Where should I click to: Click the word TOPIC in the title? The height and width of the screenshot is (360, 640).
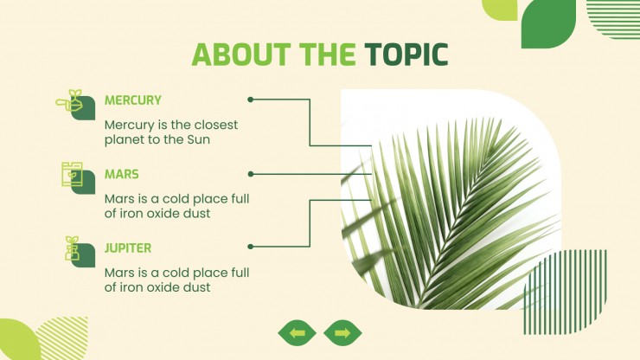(406, 55)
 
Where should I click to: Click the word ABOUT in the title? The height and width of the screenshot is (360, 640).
(241, 55)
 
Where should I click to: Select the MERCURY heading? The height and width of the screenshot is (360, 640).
(133, 100)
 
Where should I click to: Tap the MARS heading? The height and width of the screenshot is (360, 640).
(122, 174)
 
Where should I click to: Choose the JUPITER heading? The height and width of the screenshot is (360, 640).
(128, 248)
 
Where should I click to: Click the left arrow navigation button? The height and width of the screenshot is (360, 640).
(298, 333)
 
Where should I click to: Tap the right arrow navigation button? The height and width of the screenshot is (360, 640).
(342, 333)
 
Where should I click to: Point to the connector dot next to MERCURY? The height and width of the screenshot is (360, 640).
(251, 100)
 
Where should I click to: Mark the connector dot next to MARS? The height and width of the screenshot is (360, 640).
(251, 174)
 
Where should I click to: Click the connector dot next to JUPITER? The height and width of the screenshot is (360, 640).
(251, 247)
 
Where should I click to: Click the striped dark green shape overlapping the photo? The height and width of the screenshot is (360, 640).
(566, 292)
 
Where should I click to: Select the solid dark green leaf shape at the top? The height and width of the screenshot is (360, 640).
(548, 23)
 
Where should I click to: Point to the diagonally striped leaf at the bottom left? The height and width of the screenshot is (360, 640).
(63, 338)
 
